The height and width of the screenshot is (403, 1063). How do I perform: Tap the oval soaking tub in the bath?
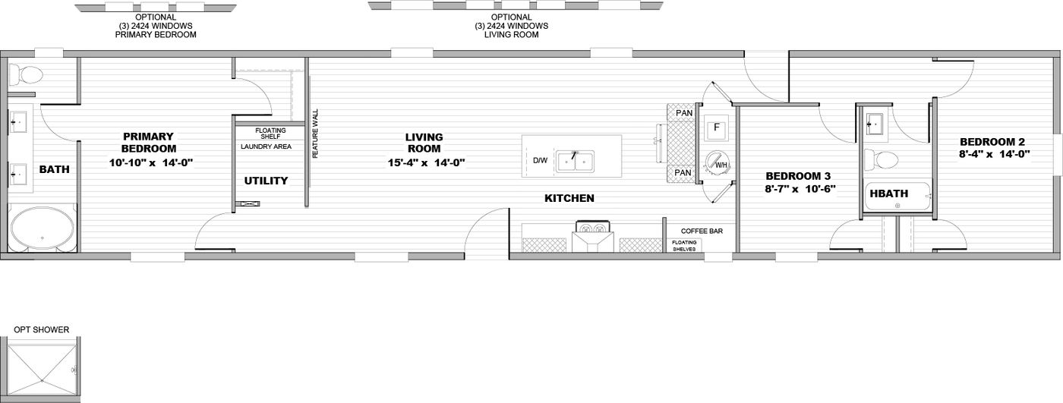(43, 230)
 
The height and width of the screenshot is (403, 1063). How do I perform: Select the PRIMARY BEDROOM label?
(149, 142)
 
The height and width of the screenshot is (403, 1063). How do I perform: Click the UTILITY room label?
(266, 181)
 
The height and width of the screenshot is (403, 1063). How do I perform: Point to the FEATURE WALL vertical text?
(316, 134)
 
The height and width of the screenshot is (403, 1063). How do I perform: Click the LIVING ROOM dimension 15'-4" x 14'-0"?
(426, 162)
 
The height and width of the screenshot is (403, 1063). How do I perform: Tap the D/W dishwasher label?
(540, 161)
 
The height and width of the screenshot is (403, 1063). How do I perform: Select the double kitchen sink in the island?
(576, 161)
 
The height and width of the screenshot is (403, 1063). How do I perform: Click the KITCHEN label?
(569, 198)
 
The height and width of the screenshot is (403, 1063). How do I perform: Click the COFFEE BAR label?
(702, 231)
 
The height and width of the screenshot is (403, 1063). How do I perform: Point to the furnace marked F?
(716, 128)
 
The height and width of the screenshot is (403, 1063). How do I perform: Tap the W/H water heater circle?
(717, 162)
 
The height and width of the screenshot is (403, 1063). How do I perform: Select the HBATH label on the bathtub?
(889, 194)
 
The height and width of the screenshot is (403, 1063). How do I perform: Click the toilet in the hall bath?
(882, 159)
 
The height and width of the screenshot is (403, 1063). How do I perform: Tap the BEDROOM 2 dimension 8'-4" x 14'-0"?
(994, 153)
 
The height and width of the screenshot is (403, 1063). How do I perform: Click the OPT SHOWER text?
(41, 329)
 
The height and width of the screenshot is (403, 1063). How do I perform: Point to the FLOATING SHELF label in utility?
(270, 134)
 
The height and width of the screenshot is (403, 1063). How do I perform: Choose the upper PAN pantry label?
(684, 113)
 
